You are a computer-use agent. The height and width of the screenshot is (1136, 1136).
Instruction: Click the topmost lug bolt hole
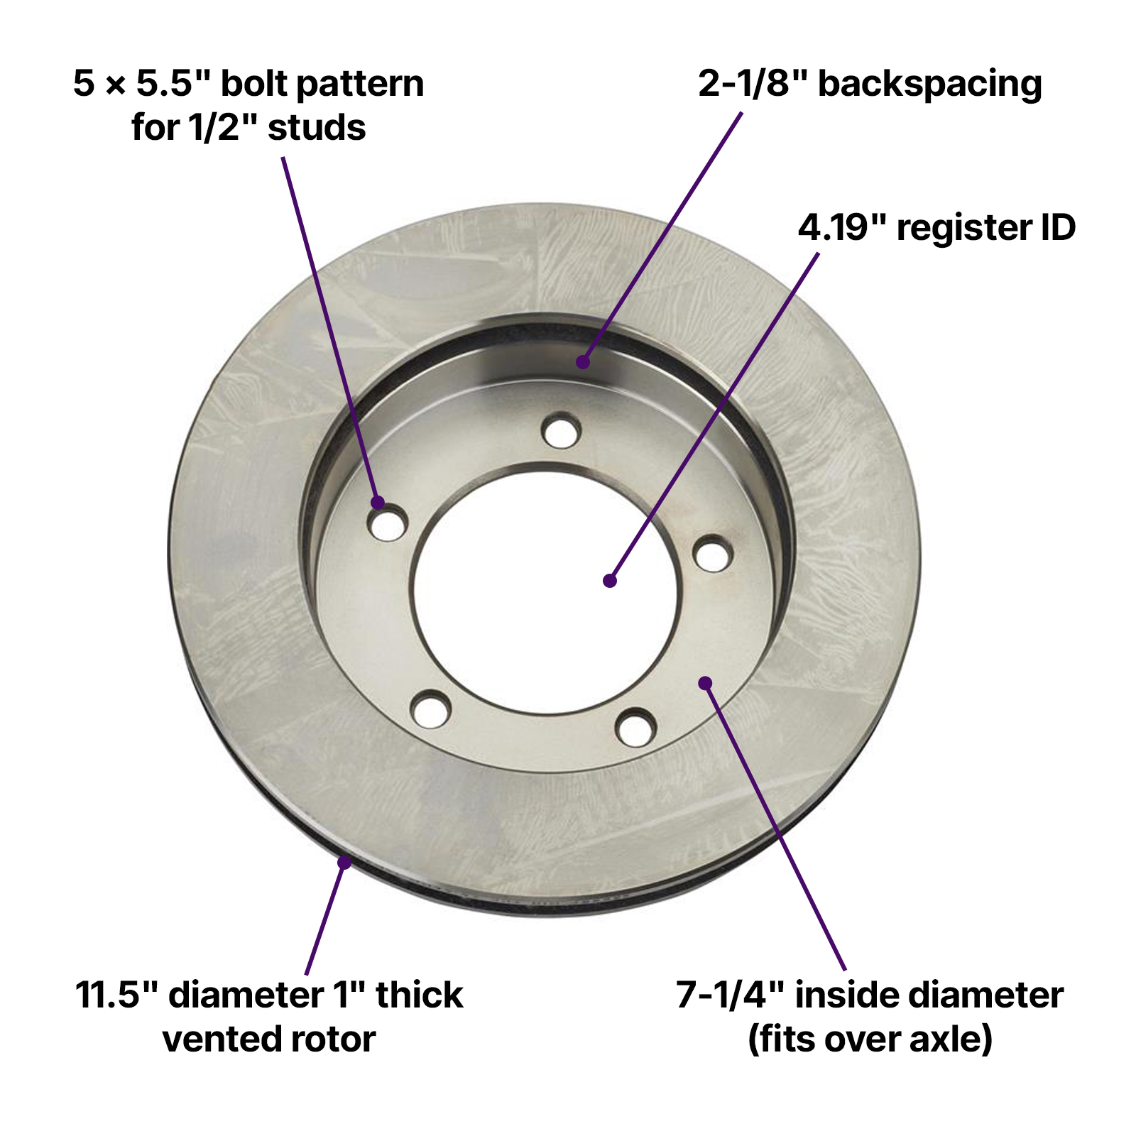point(561,430)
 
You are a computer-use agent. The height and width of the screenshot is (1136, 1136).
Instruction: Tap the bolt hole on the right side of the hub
point(713,554)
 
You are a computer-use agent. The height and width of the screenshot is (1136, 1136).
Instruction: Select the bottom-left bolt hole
point(431,709)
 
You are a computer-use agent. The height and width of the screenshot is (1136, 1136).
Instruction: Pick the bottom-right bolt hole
point(635,727)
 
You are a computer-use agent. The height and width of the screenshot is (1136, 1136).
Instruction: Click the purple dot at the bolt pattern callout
point(378,503)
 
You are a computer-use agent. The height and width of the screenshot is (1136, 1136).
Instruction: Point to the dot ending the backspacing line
point(583,362)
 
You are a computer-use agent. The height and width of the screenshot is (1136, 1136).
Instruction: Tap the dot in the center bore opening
point(609,581)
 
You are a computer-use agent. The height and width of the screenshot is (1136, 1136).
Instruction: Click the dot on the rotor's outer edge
point(344,863)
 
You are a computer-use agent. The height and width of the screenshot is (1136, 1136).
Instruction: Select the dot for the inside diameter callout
point(705,683)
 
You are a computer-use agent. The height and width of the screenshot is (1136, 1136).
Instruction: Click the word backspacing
point(930,84)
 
